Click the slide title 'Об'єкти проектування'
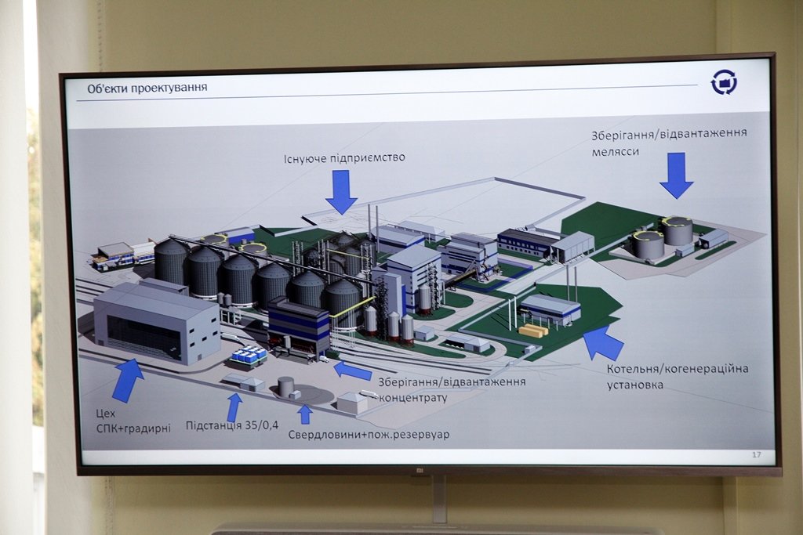tap(147, 87)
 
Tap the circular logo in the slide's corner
tap(723, 81)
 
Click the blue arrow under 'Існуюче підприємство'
tap(341, 191)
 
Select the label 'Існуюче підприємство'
tap(344, 157)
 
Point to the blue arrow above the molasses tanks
tap(676, 175)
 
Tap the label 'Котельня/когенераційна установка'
tap(678, 376)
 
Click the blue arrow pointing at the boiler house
tap(602, 342)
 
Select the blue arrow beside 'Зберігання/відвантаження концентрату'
tap(352, 370)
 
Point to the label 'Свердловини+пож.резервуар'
tap(369, 434)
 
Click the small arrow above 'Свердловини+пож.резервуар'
tap(305, 414)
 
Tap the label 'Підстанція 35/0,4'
tap(232, 425)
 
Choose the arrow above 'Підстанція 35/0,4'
tap(234, 407)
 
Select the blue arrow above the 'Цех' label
tap(127, 379)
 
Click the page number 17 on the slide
tap(756, 455)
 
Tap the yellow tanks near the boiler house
tap(533, 330)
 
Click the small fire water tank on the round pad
tap(286, 386)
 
